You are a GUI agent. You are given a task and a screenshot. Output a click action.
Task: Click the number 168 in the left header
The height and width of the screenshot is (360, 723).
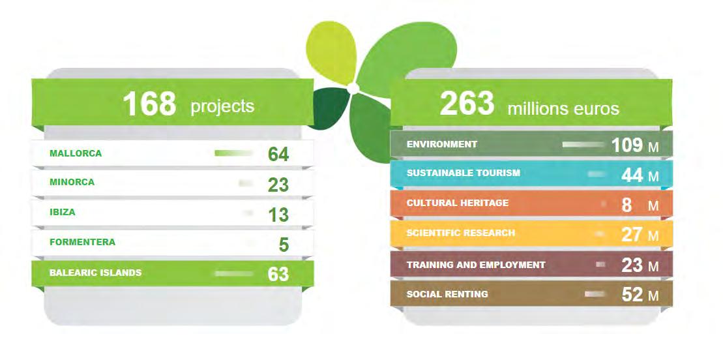(149, 104)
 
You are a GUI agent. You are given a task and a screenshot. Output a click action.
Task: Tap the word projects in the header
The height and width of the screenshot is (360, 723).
(222, 106)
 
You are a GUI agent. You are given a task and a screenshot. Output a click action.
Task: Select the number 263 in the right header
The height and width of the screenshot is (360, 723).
(467, 104)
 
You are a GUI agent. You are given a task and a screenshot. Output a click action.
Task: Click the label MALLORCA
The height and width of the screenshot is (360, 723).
(76, 153)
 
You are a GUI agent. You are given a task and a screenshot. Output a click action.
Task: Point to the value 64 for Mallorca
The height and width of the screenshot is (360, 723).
(278, 155)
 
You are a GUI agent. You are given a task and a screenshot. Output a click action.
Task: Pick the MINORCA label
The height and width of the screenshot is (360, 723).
(72, 182)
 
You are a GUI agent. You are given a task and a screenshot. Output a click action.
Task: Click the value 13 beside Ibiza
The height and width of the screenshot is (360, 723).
(278, 215)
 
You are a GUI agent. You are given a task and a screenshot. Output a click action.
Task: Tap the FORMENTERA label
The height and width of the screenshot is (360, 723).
(83, 242)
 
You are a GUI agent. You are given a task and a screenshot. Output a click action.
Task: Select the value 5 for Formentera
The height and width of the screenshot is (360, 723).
(284, 245)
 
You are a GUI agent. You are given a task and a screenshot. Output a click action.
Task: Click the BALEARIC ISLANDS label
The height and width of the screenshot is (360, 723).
(95, 273)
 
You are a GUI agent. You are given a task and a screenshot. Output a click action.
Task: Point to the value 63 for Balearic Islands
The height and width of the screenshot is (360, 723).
(278, 274)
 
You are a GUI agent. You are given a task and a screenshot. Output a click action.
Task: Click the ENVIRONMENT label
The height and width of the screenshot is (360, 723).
(442, 144)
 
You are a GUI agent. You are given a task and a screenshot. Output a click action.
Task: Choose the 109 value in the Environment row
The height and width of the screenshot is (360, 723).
(627, 145)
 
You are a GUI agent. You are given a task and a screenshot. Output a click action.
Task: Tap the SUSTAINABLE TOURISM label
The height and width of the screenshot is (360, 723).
(464, 173)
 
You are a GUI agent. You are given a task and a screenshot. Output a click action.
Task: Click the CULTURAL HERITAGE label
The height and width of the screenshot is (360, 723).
(458, 203)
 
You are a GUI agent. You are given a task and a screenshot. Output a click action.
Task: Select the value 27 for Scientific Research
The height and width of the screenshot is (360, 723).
(632, 235)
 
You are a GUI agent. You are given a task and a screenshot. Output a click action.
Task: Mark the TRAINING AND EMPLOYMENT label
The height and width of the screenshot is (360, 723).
(476, 265)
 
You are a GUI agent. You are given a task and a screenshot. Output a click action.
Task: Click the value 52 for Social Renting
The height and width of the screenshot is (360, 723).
(632, 295)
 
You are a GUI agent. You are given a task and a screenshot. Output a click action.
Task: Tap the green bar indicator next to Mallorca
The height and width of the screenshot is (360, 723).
(234, 153)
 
